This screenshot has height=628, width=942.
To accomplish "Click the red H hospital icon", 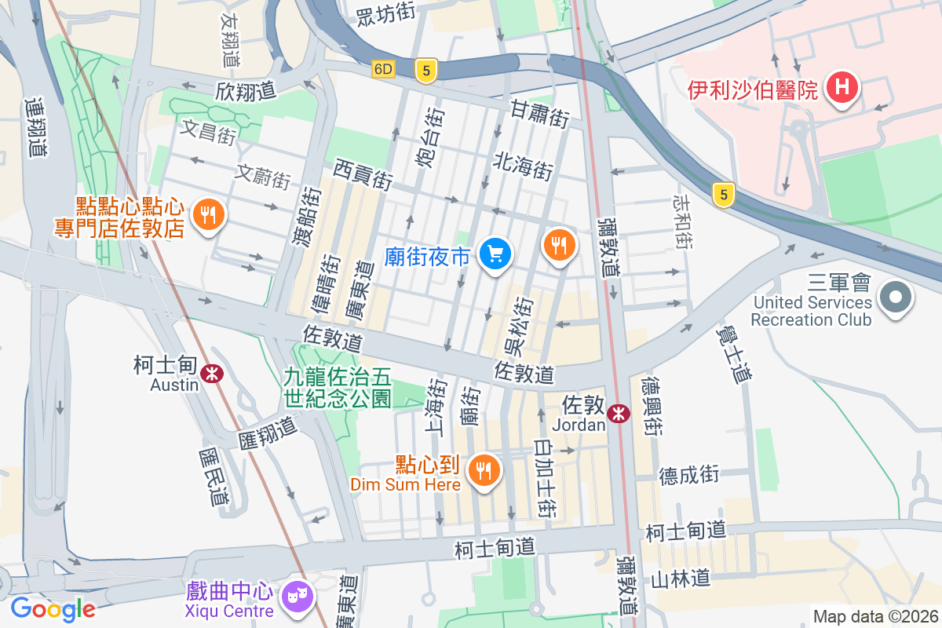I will pos(842,87).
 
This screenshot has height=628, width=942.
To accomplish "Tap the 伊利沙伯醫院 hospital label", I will pos(753,90).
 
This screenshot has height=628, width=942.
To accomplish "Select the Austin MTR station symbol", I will pos(210,374).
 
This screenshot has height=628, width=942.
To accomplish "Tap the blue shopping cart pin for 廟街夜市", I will pos(495,254).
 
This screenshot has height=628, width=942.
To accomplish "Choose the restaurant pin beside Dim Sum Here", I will pos(483,470).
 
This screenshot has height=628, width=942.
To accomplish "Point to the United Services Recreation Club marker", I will pos(896,298).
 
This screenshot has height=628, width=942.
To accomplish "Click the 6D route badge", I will pos(382,69).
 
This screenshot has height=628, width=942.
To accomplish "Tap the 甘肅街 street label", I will pos(539,114).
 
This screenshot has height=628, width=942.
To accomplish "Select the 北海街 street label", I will pos(524,166).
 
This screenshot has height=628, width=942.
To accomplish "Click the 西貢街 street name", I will pos(362,173).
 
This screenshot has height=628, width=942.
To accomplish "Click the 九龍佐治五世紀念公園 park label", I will pos(338,388).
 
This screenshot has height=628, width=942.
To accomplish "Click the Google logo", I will pos(53,608).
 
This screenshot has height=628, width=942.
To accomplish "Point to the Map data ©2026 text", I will pos(874,616).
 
